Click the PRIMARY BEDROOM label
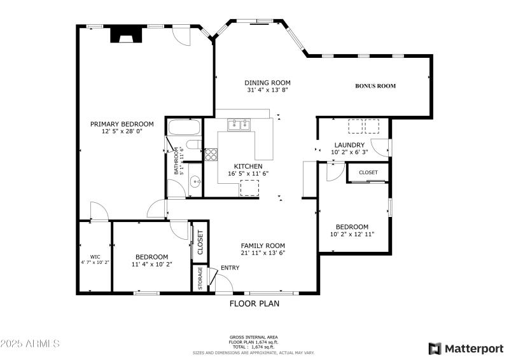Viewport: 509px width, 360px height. click(122, 124)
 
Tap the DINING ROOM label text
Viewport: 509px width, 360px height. click(268, 83)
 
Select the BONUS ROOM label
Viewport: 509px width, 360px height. click(375, 86)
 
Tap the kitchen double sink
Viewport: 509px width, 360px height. click(241, 124)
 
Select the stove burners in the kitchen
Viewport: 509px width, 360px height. click(211, 154)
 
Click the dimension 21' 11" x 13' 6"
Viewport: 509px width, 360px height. click(263, 253)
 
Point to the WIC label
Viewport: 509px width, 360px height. click(95, 257)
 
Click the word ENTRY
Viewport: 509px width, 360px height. click(230, 268)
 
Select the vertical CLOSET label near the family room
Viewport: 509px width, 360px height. click(200, 242)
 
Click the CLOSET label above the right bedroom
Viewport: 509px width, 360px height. click(368, 172)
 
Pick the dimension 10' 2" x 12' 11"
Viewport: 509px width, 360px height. click(352, 234)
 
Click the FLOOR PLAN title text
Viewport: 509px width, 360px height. click(254, 303)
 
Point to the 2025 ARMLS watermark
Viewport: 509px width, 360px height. click(30, 343)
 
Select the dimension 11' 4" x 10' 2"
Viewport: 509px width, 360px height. click(151, 264)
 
